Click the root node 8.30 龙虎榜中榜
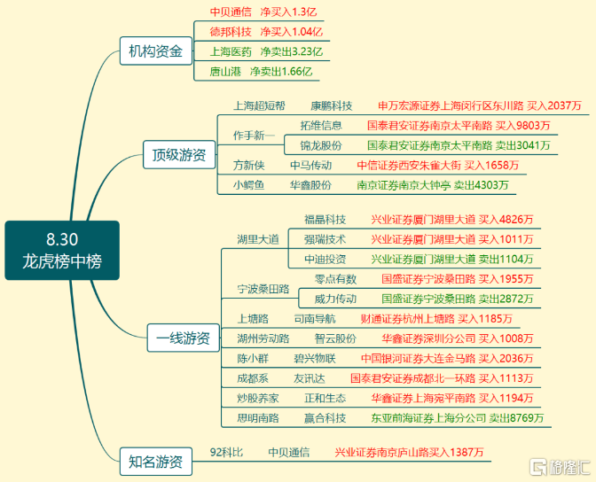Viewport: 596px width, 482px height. pyautogui.click(x=62, y=251)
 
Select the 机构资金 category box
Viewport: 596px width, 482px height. pyautogui.click(x=156, y=51)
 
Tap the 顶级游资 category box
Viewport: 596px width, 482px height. pyautogui.click(x=179, y=154)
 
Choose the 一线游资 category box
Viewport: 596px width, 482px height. pyautogui.click(x=184, y=338)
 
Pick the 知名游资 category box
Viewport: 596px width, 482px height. pyautogui.click(x=156, y=462)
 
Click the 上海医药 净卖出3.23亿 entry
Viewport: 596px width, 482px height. pyautogui.click(x=266, y=51)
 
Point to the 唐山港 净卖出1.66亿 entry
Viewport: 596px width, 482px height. pyautogui.click(x=261, y=72)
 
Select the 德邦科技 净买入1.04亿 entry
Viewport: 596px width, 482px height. pyautogui.click(x=266, y=32)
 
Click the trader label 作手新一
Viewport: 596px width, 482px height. pyautogui.click(x=254, y=136)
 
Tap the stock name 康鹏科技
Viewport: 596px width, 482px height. pyautogui.click(x=332, y=105)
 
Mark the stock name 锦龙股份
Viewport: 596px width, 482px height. pyautogui.click(x=321, y=145)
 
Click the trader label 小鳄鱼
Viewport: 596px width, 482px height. pyautogui.click(x=248, y=185)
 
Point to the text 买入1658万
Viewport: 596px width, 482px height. pyautogui.click(x=491, y=165)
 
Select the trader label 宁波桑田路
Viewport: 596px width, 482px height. pyautogui.click(x=263, y=289)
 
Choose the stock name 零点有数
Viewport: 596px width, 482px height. pyautogui.click(x=335, y=279)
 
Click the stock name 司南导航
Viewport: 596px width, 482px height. pyautogui.click(x=315, y=319)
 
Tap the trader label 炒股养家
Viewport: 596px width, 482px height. pyautogui.click(x=258, y=398)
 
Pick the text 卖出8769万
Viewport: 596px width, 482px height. pyautogui.click(x=516, y=418)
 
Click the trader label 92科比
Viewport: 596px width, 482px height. pyautogui.click(x=226, y=453)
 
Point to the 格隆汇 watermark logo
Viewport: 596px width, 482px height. pyautogui.click(x=560, y=467)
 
